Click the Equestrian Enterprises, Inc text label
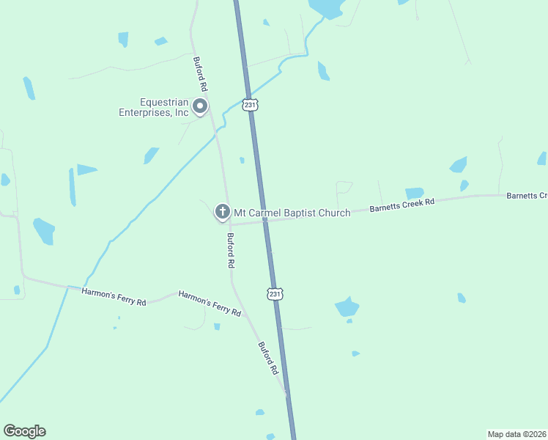154,108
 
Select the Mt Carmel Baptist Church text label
292,213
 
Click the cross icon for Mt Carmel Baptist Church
222,213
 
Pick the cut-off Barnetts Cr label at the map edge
527,196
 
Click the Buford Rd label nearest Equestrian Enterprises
200,74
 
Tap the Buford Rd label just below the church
231,250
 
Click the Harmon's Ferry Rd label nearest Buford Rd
210,303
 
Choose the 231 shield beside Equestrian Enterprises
251,106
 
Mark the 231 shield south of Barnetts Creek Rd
274,293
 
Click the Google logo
24,431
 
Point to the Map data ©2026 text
516,434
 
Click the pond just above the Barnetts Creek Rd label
415,193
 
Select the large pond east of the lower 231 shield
347,307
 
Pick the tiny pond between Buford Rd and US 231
242,160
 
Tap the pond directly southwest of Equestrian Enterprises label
151,155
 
